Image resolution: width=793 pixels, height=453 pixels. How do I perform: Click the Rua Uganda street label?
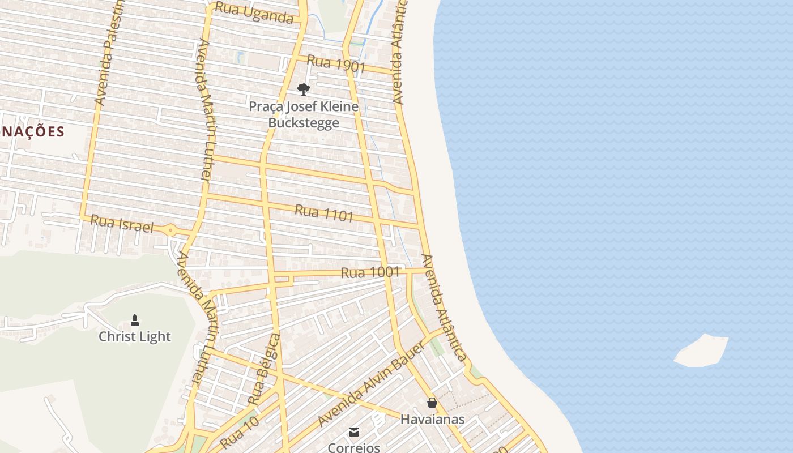click(x=254, y=14)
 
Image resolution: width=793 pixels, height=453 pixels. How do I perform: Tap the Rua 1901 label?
click(x=336, y=64)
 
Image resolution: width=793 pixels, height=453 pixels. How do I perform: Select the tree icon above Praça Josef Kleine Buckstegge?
click(x=304, y=89)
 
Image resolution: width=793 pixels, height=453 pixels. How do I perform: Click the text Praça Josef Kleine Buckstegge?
click(x=304, y=114)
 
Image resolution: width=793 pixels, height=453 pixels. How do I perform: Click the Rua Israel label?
click(x=122, y=223)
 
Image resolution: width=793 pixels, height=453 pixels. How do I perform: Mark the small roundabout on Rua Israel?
click(x=170, y=230)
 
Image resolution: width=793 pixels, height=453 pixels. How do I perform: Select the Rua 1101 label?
click(x=324, y=213)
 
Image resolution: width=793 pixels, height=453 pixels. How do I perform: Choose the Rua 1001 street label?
click(x=370, y=272)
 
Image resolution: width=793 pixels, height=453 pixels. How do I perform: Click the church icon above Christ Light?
click(x=135, y=320)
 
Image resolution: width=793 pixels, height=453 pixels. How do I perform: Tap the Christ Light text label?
click(x=135, y=336)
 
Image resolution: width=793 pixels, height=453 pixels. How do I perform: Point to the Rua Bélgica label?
click(x=265, y=369)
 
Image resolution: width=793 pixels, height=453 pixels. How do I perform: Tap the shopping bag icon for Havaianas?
click(x=432, y=403)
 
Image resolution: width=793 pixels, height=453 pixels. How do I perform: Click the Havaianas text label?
click(x=432, y=420)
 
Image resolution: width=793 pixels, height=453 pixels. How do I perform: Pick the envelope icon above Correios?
click(x=354, y=432)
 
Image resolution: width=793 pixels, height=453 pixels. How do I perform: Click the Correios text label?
click(x=354, y=447)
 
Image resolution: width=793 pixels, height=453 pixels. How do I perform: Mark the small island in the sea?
click(x=701, y=351)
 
